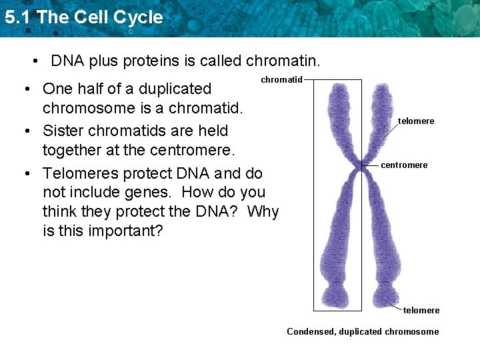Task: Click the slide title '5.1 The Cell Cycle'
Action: (83, 17)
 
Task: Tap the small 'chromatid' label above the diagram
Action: (281, 80)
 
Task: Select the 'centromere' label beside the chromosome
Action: (404, 165)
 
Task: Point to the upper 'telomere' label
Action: (416, 121)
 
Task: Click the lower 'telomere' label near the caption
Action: (421, 310)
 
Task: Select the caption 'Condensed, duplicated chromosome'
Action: (363, 331)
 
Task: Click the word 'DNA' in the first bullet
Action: (66, 61)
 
